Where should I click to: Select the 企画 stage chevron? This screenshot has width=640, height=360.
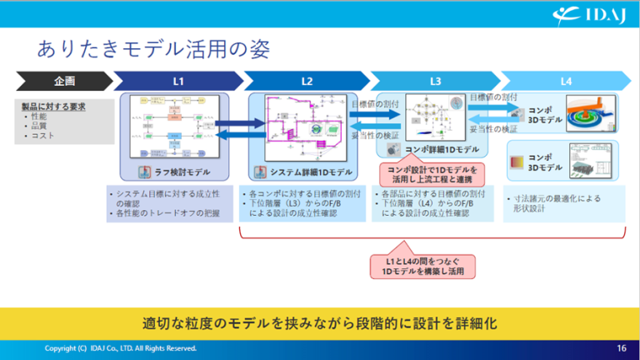(x=63, y=81)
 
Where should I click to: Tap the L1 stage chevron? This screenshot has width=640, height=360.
(x=177, y=81)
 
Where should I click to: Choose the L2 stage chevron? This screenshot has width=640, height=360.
(x=306, y=81)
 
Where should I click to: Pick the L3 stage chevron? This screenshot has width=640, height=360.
(x=435, y=81)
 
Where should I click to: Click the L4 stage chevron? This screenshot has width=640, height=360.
(x=565, y=81)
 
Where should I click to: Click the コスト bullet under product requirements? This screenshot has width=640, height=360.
(x=42, y=135)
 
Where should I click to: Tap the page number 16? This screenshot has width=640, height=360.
(x=622, y=347)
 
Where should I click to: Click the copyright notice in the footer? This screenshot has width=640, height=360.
(x=121, y=347)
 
